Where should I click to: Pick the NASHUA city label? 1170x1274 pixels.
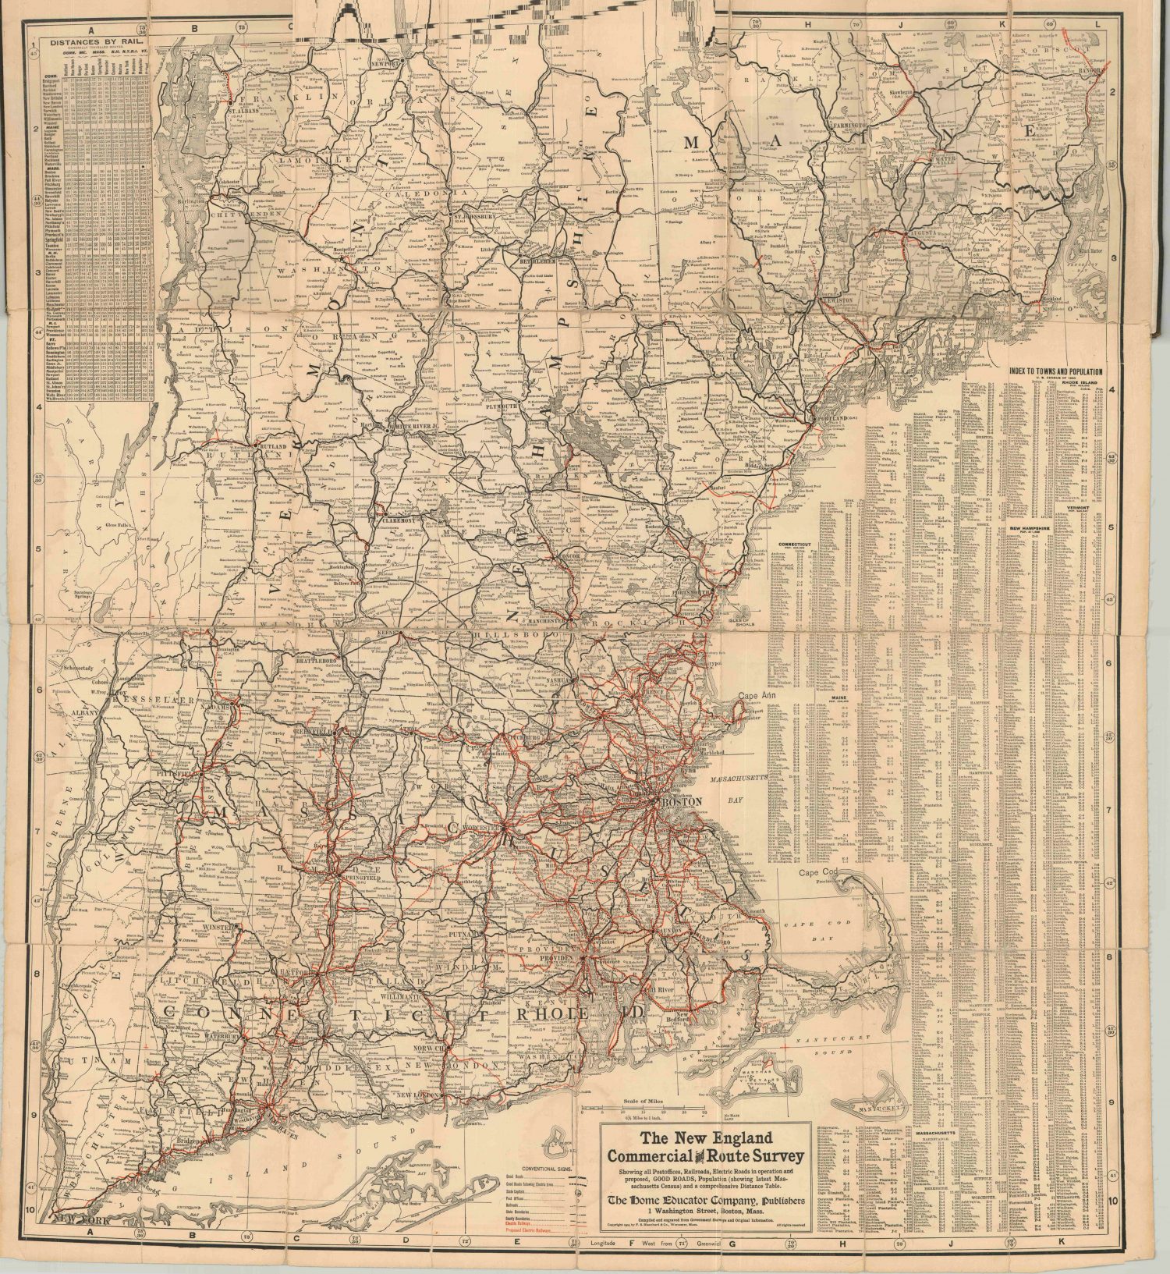558,680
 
